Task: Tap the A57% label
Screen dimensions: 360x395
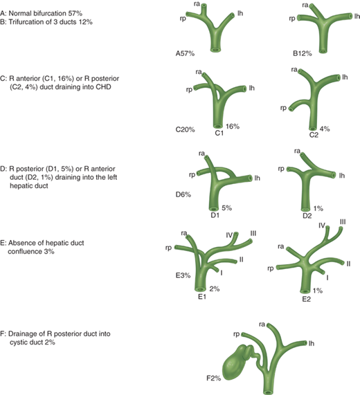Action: pyautogui.click(x=185, y=53)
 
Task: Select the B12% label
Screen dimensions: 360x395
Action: pyautogui.click(x=303, y=53)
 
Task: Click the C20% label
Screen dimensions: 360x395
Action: pyautogui.click(x=186, y=130)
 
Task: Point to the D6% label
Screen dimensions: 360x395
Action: pyautogui.click(x=183, y=194)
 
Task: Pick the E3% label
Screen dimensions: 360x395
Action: pyautogui.click(x=183, y=275)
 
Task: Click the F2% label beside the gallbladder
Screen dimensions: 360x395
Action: pyautogui.click(x=214, y=378)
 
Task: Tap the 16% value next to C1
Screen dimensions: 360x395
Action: pyautogui.click(x=233, y=126)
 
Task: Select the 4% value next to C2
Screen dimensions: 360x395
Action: pyautogui.click(x=325, y=129)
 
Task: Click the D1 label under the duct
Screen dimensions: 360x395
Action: pyautogui.click(x=215, y=215)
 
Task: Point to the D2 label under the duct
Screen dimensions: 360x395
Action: pyautogui.click(x=307, y=216)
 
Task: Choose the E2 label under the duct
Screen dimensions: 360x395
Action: pyautogui.click(x=307, y=300)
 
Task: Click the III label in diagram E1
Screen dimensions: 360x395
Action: pyautogui.click(x=253, y=234)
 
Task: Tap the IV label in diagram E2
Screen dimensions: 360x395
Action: pyautogui.click(x=322, y=226)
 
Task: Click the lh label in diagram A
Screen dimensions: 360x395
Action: pyautogui.click(x=240, y=13)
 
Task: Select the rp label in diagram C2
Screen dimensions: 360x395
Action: pyautogui.click(x=283, y=108)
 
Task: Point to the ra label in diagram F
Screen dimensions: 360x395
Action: pyautogui.click(x=262, y=324)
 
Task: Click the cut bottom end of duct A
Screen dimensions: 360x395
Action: pyautogui.click(x=216, y=49)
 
